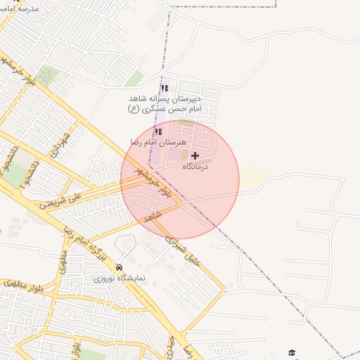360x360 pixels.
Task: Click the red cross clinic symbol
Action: pos(195,155)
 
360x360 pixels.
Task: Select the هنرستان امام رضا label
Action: pos(156,142)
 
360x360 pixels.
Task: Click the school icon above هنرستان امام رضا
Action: pos(158,131)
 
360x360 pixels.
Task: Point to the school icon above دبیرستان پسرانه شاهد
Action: pos(165,88)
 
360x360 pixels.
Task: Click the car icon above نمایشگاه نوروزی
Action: pos(119,267)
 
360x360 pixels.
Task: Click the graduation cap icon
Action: pos(292,353)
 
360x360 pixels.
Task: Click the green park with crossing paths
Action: pos(48,75)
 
